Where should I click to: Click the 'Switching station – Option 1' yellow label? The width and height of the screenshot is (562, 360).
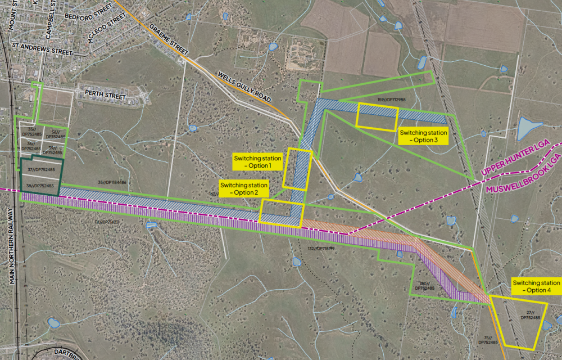click(x=258, y=162)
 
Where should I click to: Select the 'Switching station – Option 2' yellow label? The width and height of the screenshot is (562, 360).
click(x=244, y=188)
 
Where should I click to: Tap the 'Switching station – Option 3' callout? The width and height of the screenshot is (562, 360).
click(x=423, y=136)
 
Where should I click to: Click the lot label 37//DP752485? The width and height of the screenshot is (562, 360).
click(x=40, y=169)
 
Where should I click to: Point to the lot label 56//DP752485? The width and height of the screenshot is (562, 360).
click(x=55, y=134)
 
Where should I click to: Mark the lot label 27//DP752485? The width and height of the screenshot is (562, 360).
click(x=528, y=316)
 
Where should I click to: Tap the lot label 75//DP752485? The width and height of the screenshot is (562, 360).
click(x=487, y=340)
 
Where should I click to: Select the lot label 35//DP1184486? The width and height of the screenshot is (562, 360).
click(x=112, y=182)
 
